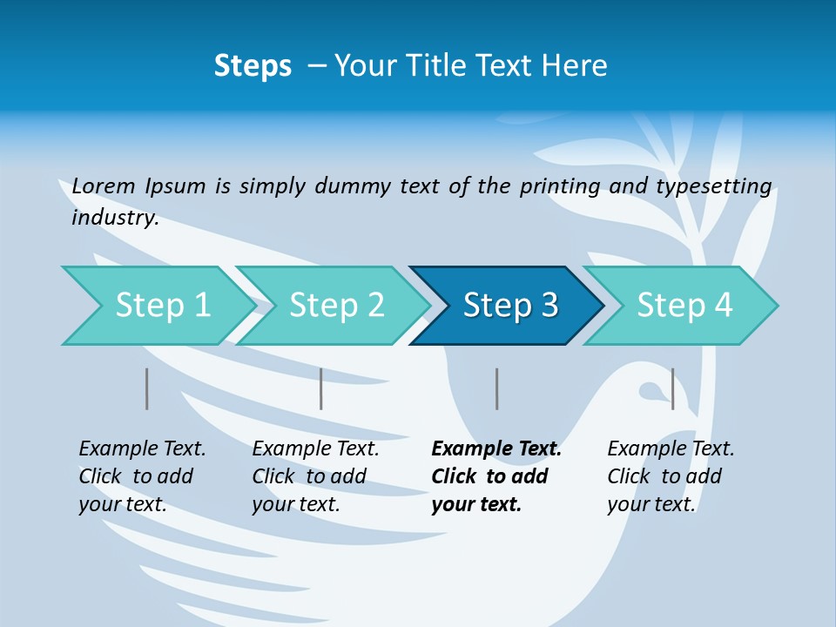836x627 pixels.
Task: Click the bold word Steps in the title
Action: point(253,66)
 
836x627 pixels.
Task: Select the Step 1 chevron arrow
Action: point(157,306)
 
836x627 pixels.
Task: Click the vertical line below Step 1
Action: point(147,388)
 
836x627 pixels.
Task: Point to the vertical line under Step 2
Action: point(321,388)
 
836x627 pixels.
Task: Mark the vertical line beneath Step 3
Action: point(496,388)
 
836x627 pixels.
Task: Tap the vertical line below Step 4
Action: point(672,388)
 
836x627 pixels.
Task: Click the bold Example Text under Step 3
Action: point(496,476)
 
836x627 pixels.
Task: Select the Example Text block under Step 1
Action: point(142,476)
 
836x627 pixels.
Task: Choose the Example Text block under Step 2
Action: point(315,476)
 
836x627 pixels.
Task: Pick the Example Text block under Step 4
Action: point(671,476)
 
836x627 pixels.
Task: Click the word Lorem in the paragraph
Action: point(104,185)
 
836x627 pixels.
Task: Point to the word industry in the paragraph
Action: point(114,218)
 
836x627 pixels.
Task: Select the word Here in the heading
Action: point(574,66)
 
